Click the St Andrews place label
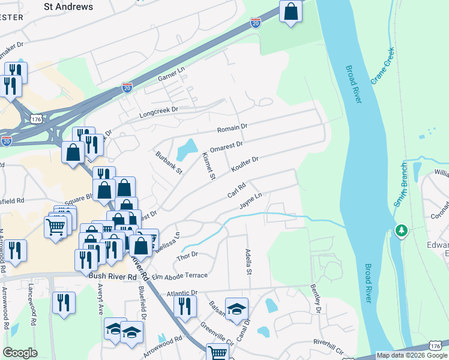pyautogui.click(x=69, y=7)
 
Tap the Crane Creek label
pyautogui.click(x=382, y=66)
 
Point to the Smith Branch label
pyautogui.click(x=401, y=185)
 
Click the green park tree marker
pyautogui.click(x=402, y=231)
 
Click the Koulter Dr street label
pyautogui.click(x=244, y=165)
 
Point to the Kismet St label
pyautogui.click(x=208, y=166)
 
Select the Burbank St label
pyautogui.click(x=168, y=162)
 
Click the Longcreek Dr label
pyautogui.click(x=159, y=110)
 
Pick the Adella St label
pyautogui.click(x=247, y=262)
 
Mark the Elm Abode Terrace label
pyautogui.click(x=179, y=275)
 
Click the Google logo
pyautogui.click(x=20, y=353)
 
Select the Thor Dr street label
pyautogui.click(x=187, y=256)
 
